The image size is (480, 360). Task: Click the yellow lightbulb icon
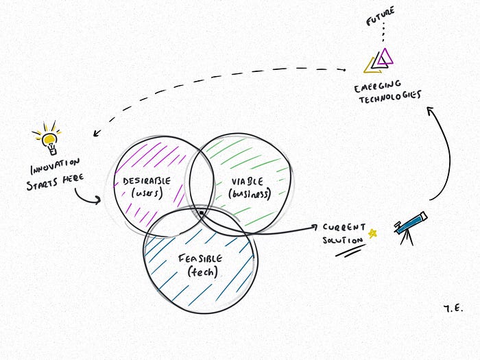tap(48, 140)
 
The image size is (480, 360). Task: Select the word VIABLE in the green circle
tap(248, 182)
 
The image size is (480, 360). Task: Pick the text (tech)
tap(202, 272)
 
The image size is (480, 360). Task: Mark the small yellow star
tap(373, 233)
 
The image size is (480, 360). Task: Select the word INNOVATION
tap(54, 167)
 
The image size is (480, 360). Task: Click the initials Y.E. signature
tap(453, 309)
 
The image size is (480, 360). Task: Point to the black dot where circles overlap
tap(200, 214)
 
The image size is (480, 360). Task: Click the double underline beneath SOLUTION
tap(349, 252)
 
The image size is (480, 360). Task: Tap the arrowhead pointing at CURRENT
tap(315, 228)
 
